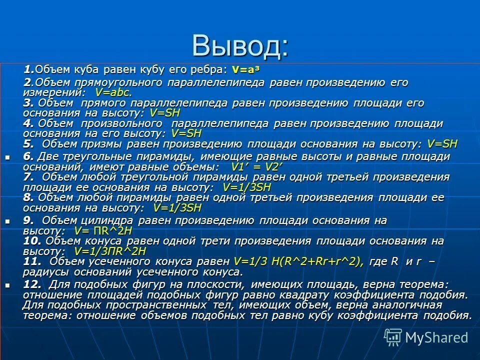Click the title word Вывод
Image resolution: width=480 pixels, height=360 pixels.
[x=239, y=46]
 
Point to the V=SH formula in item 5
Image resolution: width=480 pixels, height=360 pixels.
[x=442, y=144]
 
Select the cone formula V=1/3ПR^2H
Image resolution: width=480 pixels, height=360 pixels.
[x=110, y=251]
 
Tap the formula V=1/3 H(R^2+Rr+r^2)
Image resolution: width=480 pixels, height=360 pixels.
[x=298, y=261]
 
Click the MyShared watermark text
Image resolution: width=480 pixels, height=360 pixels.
[x=436, y=337]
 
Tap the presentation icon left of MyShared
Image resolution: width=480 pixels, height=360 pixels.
[x=393, y=336]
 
